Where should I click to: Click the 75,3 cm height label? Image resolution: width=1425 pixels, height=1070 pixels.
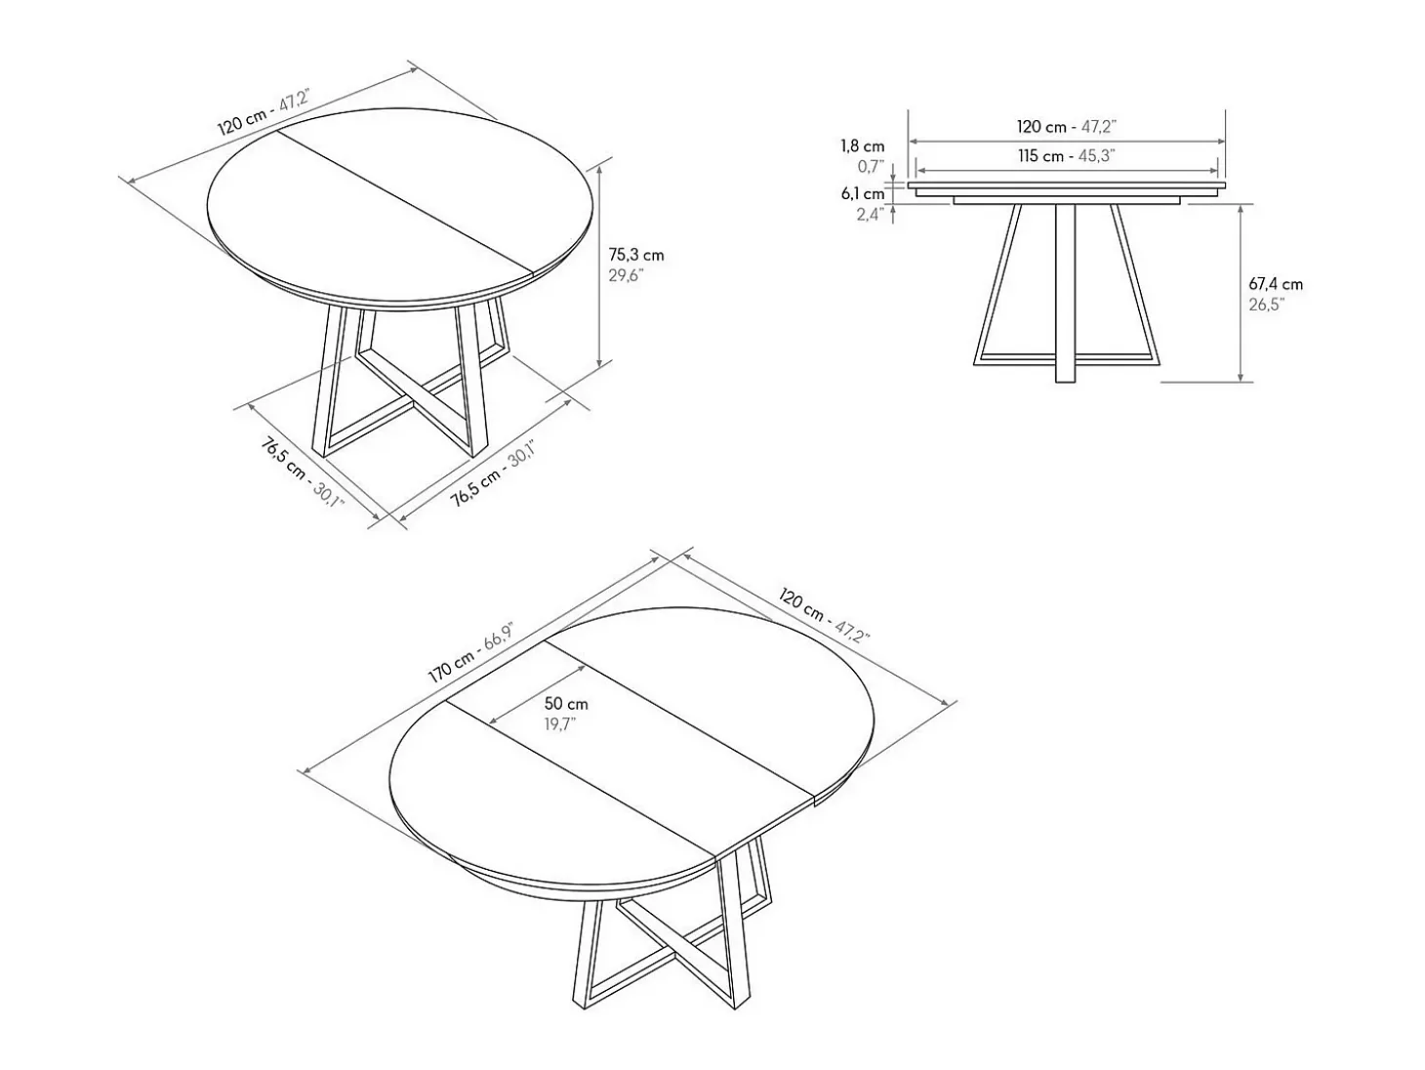(x=635, y=255)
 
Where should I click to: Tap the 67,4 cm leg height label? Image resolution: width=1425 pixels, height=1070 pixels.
(x=1276, y=284)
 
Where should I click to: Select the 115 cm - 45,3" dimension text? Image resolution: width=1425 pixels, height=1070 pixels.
(x=1066, y=156)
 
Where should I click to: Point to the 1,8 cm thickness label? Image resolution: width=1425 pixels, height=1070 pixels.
(x=863, y=146)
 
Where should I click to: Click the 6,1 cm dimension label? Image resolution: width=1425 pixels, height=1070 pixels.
(x=863, y=193)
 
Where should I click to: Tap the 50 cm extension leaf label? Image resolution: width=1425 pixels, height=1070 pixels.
(x=566, y=703)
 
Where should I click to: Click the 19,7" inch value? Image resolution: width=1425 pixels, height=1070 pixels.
(x=559, y=724)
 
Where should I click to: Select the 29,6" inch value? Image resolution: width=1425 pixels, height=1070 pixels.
(x=626, y=275)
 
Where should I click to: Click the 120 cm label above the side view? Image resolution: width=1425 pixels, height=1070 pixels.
(x=1041, y=127)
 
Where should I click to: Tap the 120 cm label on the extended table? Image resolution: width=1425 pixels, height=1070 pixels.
(x=801, y=603)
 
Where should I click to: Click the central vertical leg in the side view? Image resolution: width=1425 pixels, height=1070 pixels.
(x=1065, y=293)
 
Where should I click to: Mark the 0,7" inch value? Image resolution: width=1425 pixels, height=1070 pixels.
(x=872, y=167)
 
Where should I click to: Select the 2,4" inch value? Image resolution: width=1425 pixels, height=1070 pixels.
(x=872, y=214)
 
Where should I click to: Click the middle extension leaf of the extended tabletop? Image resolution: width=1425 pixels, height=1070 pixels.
(x=630, y=747)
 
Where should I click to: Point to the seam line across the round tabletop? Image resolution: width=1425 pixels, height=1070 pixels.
(x=406, y=204)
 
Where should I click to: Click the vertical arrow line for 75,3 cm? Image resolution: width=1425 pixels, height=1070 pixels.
(x=600, y=266)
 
